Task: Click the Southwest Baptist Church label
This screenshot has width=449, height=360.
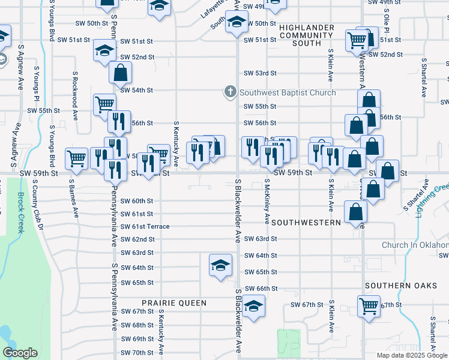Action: [288, 92]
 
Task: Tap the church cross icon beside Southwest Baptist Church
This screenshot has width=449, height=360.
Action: [229, 92]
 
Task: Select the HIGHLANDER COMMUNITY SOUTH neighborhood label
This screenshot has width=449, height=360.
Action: [300, 35]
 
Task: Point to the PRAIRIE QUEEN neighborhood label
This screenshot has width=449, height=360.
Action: [174, 303]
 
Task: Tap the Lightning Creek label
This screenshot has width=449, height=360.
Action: [433, 200]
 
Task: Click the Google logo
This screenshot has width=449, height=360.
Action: [20, 353]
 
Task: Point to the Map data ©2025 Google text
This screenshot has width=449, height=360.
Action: [412, 355]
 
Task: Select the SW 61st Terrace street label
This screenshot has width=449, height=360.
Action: [145, 226]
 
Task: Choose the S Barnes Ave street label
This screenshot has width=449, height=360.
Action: [75, 196]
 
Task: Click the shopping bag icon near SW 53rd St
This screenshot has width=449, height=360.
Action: [120, 73]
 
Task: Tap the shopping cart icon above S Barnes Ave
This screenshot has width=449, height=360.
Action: [76, 158]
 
